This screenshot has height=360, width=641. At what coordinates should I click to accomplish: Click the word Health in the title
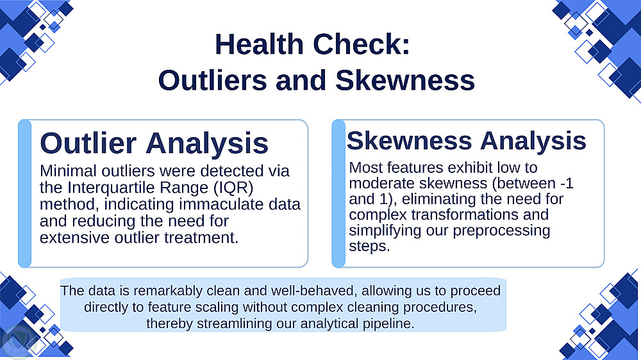coord(260,44)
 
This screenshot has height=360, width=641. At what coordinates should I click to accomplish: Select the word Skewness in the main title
coord(405,80)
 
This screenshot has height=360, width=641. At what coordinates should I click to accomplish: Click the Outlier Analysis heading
coord(154,143)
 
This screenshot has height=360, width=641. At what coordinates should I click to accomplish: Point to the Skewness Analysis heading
coord(467,140)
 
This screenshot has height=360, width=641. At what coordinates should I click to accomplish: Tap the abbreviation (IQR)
coord(233,188)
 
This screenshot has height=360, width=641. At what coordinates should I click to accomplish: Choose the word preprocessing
coord(502,231)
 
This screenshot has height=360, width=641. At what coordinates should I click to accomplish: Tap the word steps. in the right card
coord(369,247)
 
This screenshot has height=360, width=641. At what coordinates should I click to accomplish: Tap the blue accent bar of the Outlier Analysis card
coord(24,193)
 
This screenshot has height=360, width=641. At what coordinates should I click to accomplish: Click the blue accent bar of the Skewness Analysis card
coord(338,193)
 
